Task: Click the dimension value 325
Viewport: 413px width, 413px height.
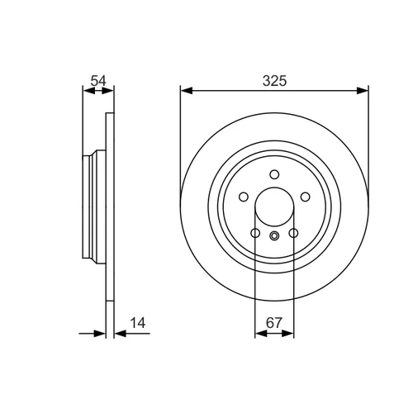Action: pos(274,81)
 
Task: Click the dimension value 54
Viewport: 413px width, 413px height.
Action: pos(98,81)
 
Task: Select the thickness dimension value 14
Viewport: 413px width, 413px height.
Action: pos(138,323)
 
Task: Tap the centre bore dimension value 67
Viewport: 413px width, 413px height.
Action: pos(274,323)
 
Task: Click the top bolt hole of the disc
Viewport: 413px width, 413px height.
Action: pos(274,174)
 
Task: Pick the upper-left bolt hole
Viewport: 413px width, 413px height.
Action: pos(244,197)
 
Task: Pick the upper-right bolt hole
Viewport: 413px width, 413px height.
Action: pos(306,197)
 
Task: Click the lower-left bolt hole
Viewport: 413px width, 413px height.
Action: pos(255,233)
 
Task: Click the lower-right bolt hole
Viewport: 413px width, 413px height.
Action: pos(293,233)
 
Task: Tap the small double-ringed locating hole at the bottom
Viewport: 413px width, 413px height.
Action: pos(274,235)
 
